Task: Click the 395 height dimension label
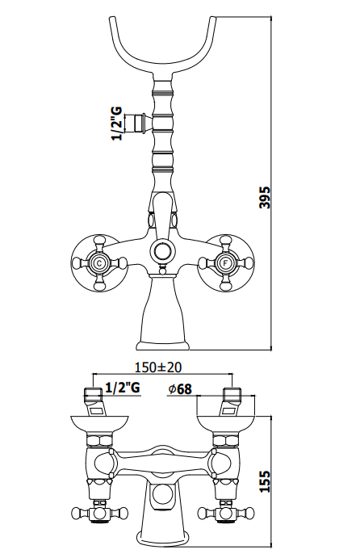click(265, 197)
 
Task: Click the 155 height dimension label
click(265, 481)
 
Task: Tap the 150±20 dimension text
click(158, 367)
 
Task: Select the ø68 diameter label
click(180, 389)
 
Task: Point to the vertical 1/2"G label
click(117, 124)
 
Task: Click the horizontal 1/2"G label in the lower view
click(123, 388)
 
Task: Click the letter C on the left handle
click(99, 264)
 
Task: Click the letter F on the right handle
click(225, 264)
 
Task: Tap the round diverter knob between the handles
click(162, 252)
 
